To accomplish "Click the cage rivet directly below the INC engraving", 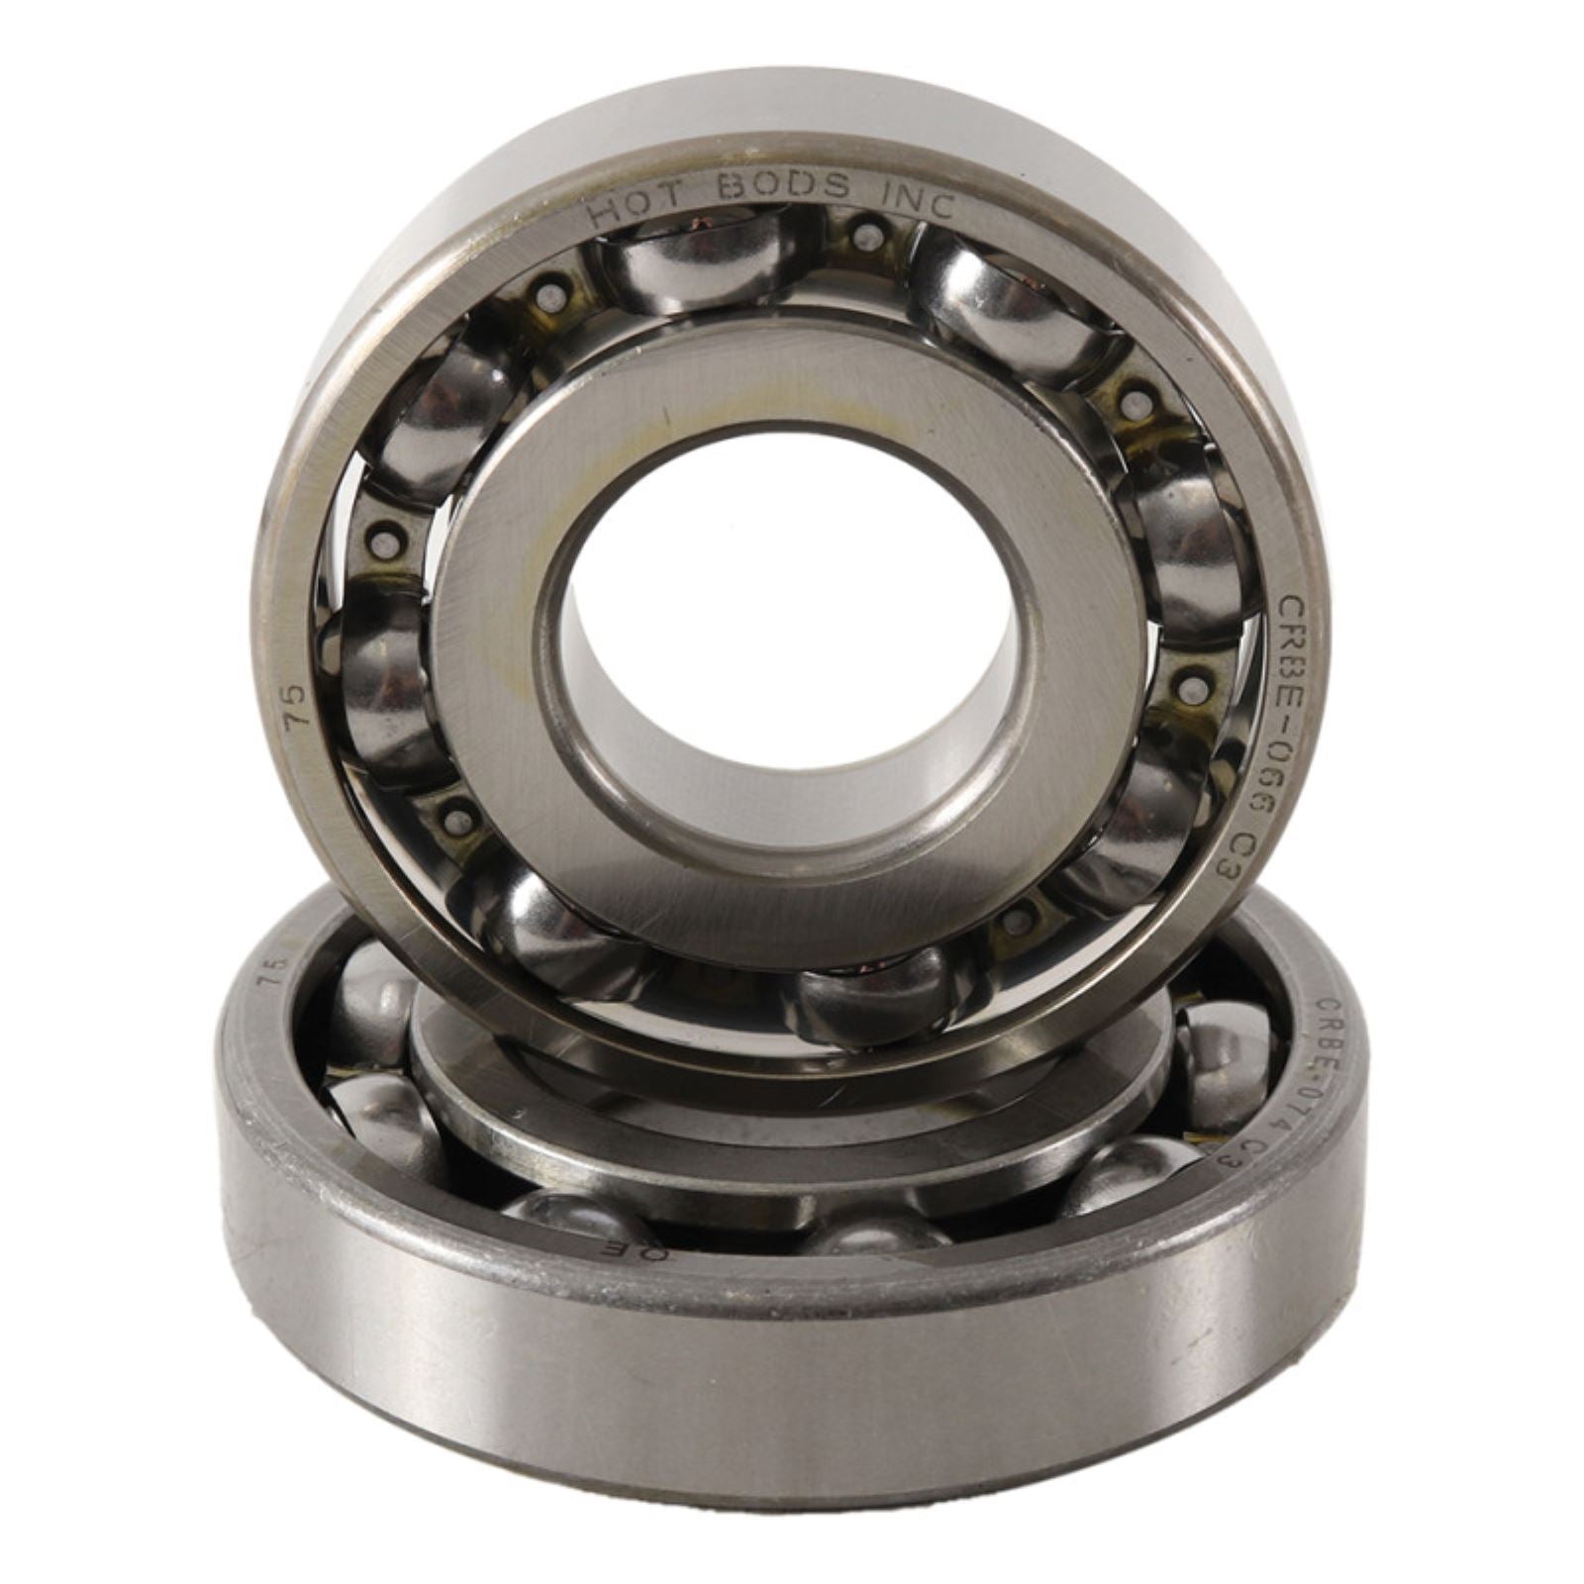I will click(868, 236).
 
